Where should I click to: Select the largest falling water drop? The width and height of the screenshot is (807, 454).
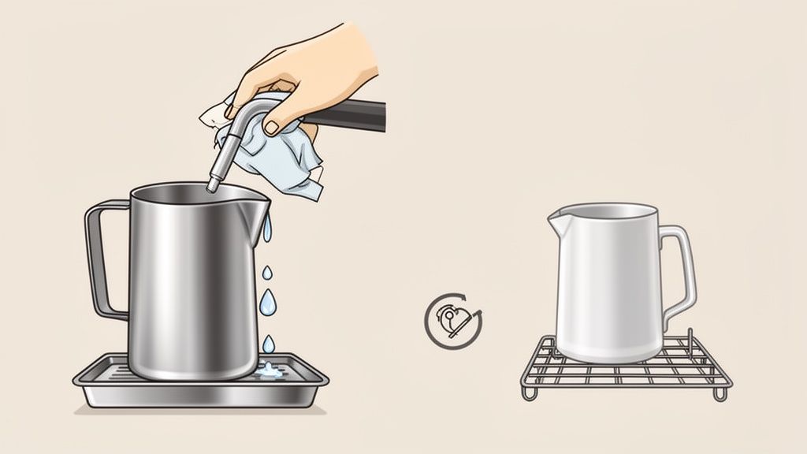tap(268, 300)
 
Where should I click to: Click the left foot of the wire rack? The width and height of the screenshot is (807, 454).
tap(529, 393)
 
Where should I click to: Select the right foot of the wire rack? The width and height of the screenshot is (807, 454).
tap(719, 392)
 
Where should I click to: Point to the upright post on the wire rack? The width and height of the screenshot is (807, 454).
tap(690, 343)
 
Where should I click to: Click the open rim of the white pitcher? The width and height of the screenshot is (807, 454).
tap(607, 210)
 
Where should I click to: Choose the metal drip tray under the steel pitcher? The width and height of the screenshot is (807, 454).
tap(197, 390)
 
